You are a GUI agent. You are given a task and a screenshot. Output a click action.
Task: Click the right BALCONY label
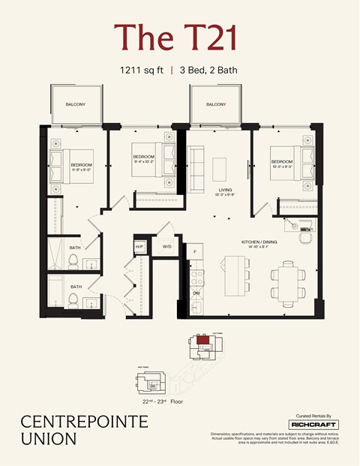tap(216, 104)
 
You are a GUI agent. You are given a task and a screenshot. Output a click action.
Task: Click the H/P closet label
tap(139, 246)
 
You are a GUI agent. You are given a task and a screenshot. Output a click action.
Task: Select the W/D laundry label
tap(166, 246)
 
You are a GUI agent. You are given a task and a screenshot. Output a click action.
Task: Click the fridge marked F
tap(195, 252)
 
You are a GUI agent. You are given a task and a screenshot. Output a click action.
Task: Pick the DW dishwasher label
tap(196, 293)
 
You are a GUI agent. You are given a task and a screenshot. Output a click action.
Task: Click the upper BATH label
tap(76, 248)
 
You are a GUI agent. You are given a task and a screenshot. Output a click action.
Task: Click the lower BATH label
tap(76, 287)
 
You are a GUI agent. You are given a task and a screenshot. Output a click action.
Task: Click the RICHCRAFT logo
tap(318, 425)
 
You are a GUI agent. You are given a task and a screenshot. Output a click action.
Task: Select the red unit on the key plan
tap(202, 340)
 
